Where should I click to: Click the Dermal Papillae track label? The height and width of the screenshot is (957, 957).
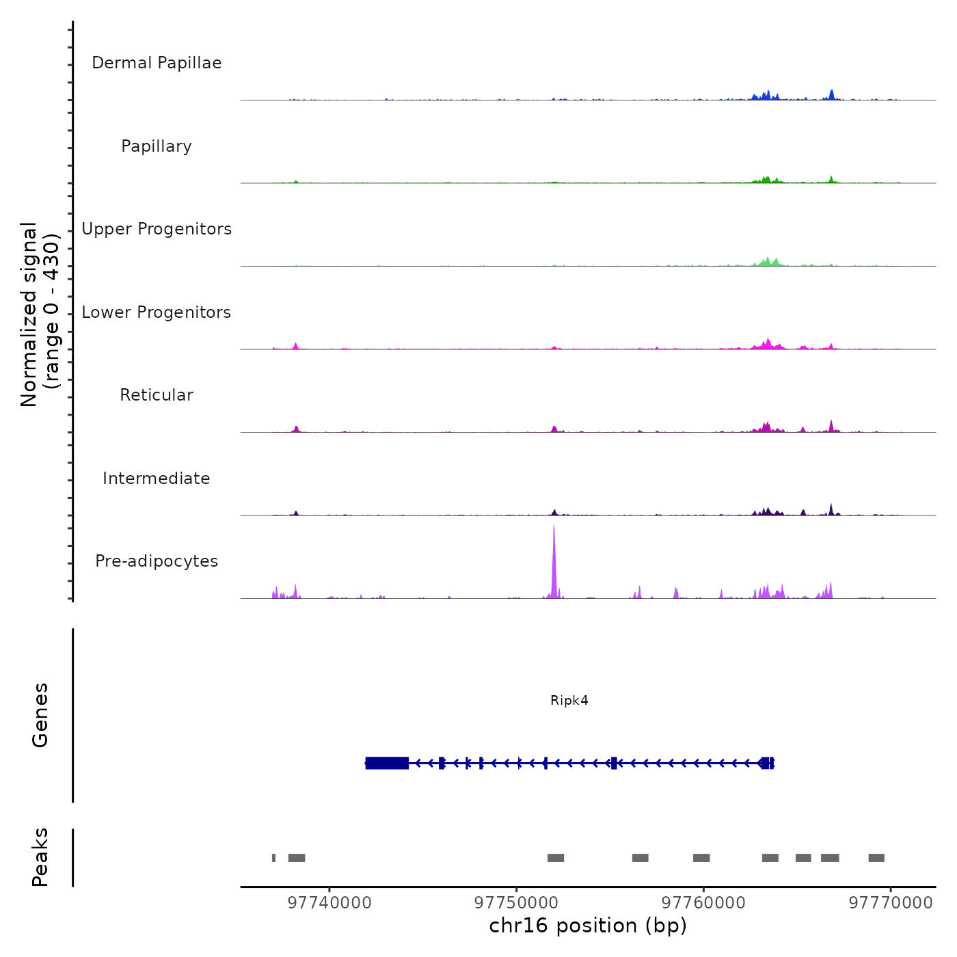[x=157, y=63]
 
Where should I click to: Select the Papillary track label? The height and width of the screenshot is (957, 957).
[x=157, y=146]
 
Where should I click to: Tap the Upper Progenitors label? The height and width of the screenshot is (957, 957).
[x=157, y=229]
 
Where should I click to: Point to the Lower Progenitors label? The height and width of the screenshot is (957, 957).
[x=157, y=312]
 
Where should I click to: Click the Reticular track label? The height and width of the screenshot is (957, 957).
[x=157, y=395]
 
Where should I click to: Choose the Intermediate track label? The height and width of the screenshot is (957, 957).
[x=157, y=478]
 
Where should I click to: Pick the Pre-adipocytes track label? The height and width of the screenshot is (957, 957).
[x=157, y=561]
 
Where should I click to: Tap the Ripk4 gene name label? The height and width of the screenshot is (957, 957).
[x=569, y=701]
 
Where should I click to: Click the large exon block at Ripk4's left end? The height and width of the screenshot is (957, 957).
[x=387, y=763]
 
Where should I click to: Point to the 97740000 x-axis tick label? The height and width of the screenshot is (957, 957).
[x=329, y=903]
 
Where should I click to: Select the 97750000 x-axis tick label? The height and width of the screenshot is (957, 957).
[x=516, y=903]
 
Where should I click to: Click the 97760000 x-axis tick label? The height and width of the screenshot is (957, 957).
[x=703, y=903]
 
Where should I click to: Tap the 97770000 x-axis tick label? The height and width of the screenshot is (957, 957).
[x=891, y=903]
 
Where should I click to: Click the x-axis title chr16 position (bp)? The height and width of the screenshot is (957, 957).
[x=588, y=926]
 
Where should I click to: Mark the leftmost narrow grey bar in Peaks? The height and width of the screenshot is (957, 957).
[x=274, y=858]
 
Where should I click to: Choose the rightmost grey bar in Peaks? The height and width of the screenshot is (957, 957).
[x=876, y=858]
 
